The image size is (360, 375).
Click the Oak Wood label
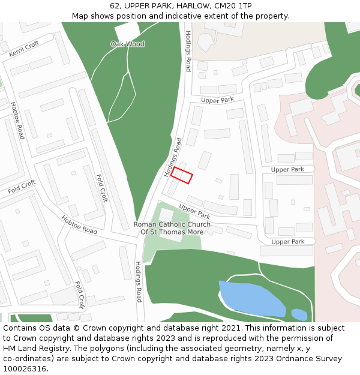[127, 44]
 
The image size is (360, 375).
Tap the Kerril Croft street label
[24, 49]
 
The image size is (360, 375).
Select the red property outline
[181, 175]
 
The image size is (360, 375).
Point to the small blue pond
[299, 314]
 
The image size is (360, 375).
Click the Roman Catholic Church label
[172, 228]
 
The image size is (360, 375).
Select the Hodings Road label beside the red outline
[173, 157]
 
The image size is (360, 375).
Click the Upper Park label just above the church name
[194, 211]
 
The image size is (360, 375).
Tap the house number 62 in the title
[115, 5]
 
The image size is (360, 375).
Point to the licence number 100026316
[25, 369]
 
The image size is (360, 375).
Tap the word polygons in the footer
[112, 349]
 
